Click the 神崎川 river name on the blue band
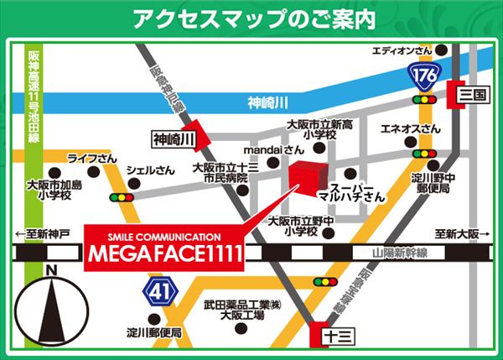pos(268,103)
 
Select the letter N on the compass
pos(51,270)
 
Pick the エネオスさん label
pos(410,128)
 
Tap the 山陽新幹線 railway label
pos(398,253)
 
